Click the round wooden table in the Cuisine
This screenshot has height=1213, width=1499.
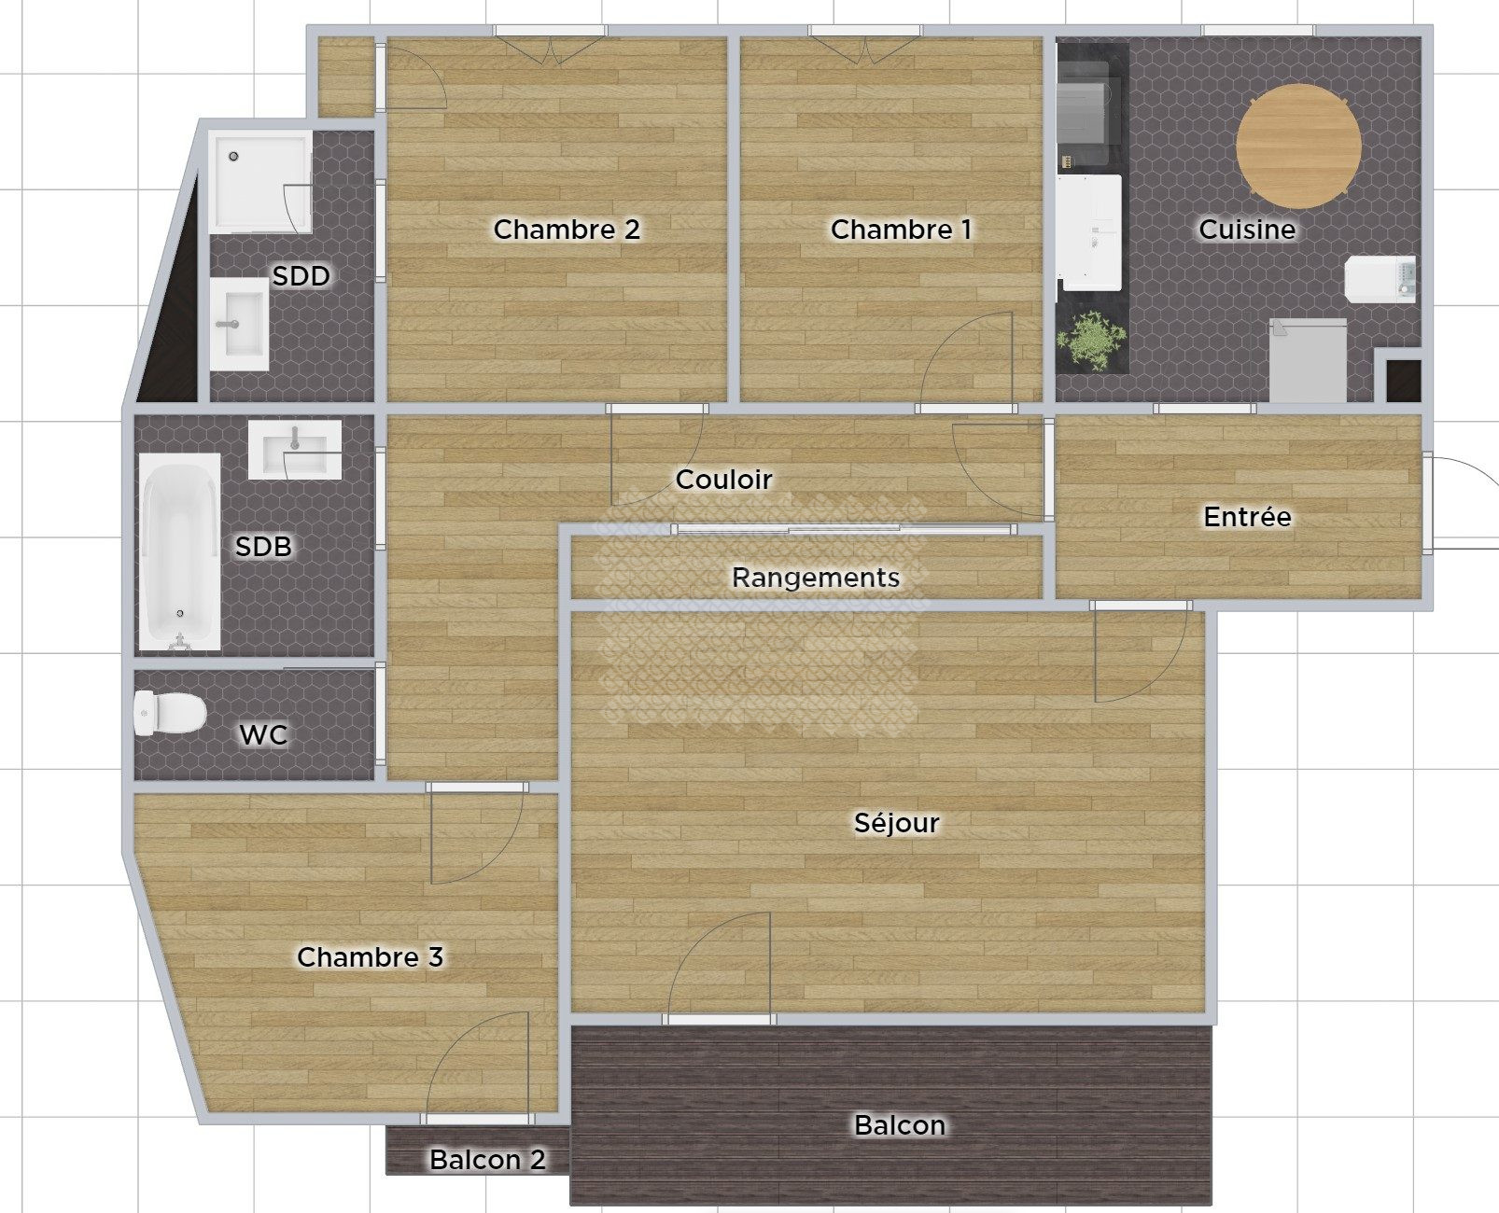1298,146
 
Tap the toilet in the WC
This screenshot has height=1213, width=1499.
170,713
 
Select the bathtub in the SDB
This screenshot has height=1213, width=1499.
179,551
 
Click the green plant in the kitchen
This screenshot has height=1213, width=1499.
1091,340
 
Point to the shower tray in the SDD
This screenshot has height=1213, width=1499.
259,182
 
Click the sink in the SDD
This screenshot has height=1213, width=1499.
239,325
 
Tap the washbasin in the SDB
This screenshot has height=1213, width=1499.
295,450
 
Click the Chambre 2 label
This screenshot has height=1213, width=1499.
567,230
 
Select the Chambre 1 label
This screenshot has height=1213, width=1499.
901,230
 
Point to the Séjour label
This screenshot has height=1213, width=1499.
897,822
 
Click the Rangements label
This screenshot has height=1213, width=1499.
816,578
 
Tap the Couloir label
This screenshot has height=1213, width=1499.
723,480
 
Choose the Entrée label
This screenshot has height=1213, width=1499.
1247,516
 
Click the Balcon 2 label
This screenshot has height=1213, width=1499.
488,1160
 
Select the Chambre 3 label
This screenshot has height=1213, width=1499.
371,957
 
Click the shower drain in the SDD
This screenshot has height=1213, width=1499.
233,156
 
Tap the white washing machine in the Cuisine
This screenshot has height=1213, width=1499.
1380,279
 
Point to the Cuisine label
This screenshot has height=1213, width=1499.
1247,230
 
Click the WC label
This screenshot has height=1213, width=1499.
263,734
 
